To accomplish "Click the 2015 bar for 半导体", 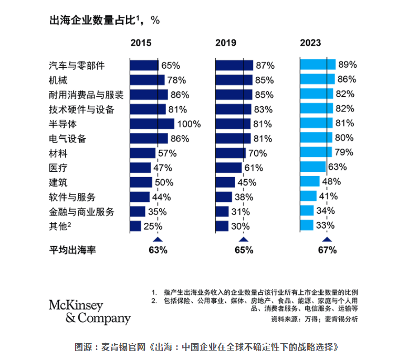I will tap(152, 124).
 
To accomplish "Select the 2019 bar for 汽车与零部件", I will tap(234, 65).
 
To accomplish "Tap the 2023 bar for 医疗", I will tap(313, 167).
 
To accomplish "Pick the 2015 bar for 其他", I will tap(135, 226).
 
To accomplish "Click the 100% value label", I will tap(189, 124).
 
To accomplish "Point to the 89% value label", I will tap(348, 65).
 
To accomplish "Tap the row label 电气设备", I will tap(67, 139).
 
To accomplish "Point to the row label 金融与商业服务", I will tap(81, 212).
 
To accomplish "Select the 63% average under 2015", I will tap(158, 250).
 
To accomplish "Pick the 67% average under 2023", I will tap(327, 250).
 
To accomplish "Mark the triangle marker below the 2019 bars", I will tap(243, 240).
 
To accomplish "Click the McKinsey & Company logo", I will tap(90, 312).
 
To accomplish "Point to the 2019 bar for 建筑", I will tap(225, 182).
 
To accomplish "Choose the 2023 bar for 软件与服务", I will tap(308, 197).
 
